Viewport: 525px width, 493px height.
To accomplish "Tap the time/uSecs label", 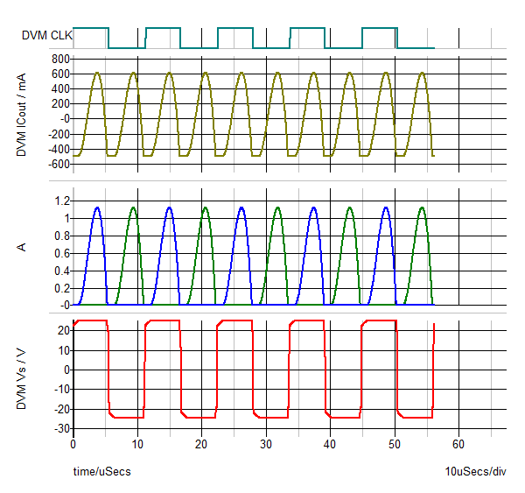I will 101,471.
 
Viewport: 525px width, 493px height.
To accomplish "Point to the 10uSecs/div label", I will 475,471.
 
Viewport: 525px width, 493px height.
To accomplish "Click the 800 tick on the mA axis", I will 59,59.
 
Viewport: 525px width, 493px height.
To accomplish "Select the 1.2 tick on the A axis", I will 60,201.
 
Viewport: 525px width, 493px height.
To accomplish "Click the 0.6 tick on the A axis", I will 60,253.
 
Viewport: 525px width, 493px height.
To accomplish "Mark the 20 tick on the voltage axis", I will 62,330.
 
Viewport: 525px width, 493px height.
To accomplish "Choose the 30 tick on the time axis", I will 266,444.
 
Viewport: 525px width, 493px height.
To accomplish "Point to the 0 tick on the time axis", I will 73,444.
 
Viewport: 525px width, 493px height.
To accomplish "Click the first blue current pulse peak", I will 97,208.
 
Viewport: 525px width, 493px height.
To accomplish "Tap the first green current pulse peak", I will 133,208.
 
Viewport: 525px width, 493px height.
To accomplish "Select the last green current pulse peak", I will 423,208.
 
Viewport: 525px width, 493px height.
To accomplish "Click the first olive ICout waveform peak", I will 97,73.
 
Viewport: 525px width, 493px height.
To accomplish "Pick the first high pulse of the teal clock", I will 91,28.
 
